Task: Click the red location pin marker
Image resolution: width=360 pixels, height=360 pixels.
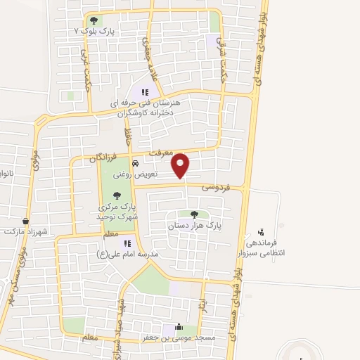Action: coord(181,166)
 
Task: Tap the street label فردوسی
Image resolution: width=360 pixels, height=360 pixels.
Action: coord(216,187)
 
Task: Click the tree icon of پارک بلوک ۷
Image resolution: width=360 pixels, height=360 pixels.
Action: coord(94,20)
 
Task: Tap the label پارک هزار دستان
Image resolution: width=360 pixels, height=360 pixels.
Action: coord(194,226)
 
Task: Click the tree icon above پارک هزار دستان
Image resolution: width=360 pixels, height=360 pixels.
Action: coord(194,214)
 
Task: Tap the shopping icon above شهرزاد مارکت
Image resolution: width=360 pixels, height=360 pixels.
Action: coord(25,220)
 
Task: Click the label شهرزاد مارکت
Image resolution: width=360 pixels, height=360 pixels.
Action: coord(23,231)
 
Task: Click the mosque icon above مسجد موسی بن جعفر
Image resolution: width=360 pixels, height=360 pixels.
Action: coord(179,327)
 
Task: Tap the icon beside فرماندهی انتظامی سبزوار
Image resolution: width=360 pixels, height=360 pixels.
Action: coord(262,232)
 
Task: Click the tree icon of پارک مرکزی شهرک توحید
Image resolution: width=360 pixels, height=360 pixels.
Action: coord(117,195)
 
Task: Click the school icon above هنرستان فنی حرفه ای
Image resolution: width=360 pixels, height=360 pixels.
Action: coord(145,91)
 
